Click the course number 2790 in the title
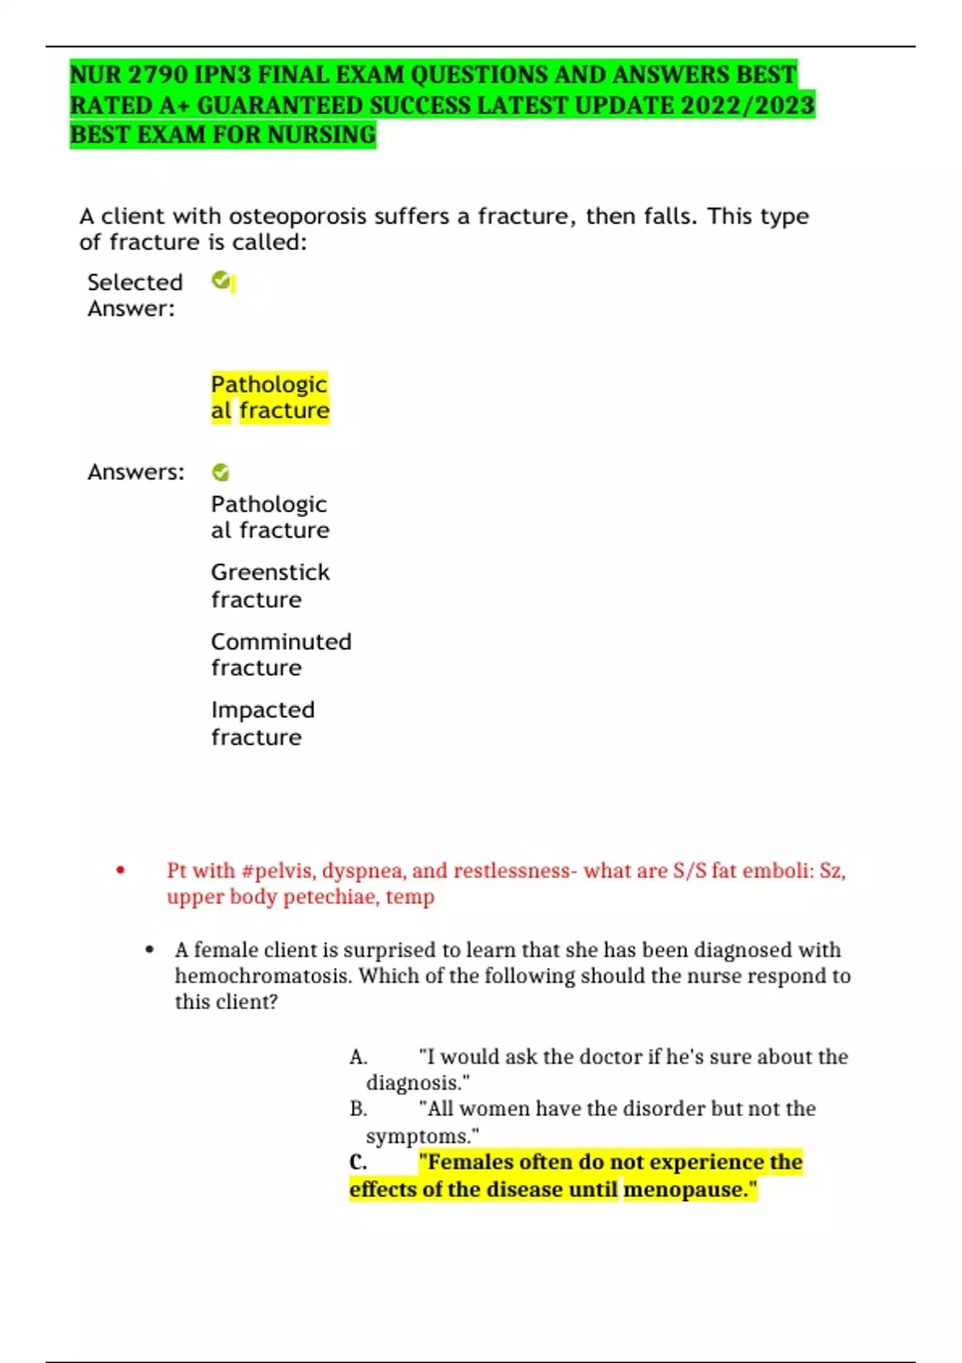[156, 75]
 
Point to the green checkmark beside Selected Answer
[220, 280]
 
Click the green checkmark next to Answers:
[220, 472]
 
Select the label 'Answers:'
[135, 472]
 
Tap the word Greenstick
[270, 572]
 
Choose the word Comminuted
[281, 641]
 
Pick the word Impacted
[262, 710]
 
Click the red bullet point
[120, 870]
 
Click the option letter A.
[358, 1058]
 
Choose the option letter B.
[358, 1109]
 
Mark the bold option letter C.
[358, 1163]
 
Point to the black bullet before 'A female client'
[150, 950]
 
